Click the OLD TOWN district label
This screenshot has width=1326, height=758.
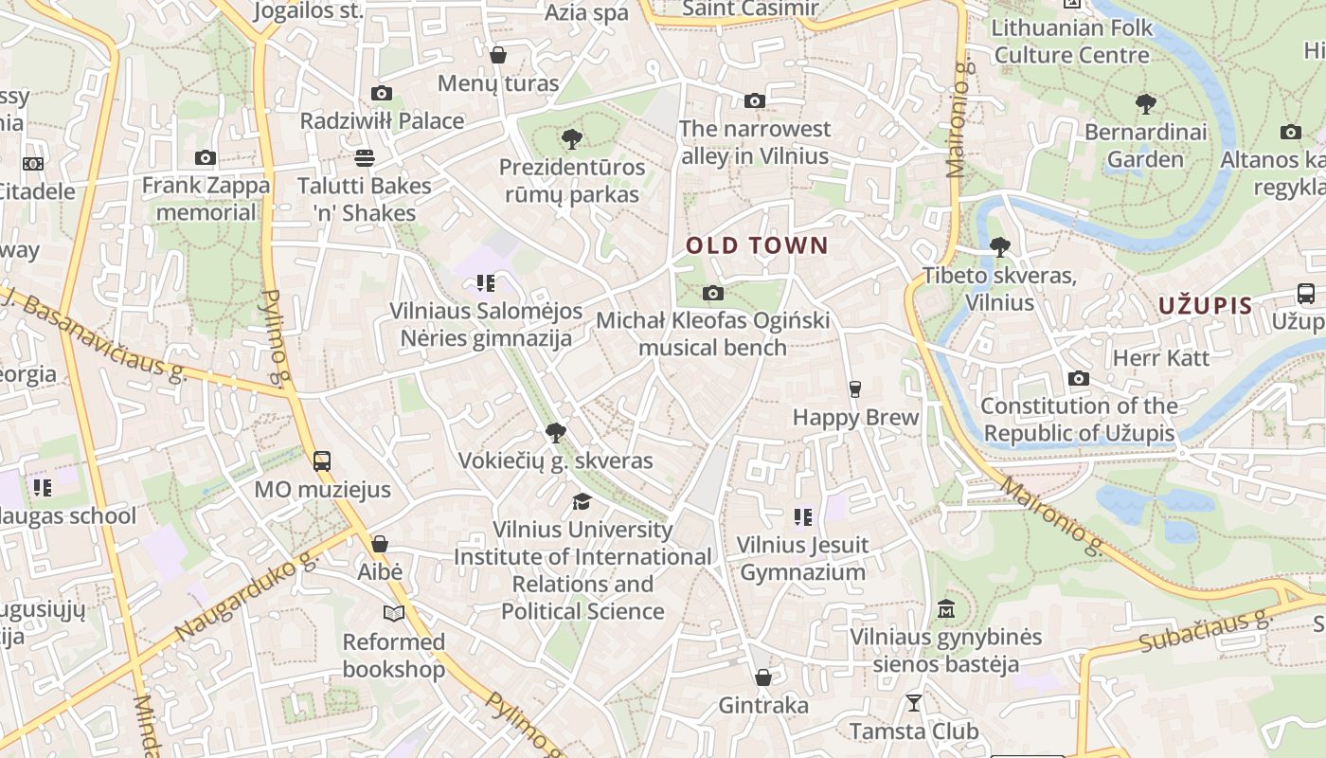pos(757,245)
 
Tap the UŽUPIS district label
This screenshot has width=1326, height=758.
pos(1205,306)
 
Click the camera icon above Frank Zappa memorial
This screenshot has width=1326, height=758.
pos(206,158)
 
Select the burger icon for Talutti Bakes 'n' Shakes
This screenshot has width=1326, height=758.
pos(364,157)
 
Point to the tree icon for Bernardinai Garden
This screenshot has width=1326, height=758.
pos(1145,103)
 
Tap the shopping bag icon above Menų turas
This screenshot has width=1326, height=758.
pos(498,56)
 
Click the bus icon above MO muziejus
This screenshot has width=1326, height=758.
pos(322,461)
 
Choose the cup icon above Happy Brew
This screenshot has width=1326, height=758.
pos(855,389)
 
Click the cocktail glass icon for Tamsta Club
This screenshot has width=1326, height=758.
pos(913,703)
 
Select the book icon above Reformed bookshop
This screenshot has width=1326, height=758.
pos(393,614)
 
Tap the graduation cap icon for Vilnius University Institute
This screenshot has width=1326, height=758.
pos(582,501)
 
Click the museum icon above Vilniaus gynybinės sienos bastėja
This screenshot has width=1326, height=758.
pos(945,609)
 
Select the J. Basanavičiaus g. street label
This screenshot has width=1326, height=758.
pos(95,334)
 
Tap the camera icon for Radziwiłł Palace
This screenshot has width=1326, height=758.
pos(382,93)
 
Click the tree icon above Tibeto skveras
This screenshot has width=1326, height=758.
pos(999,248)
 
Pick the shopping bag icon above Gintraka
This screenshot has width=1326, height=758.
pos(763,677)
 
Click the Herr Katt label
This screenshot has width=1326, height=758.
pos(1160,358)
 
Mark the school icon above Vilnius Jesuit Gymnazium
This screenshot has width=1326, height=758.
pos(802,517)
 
